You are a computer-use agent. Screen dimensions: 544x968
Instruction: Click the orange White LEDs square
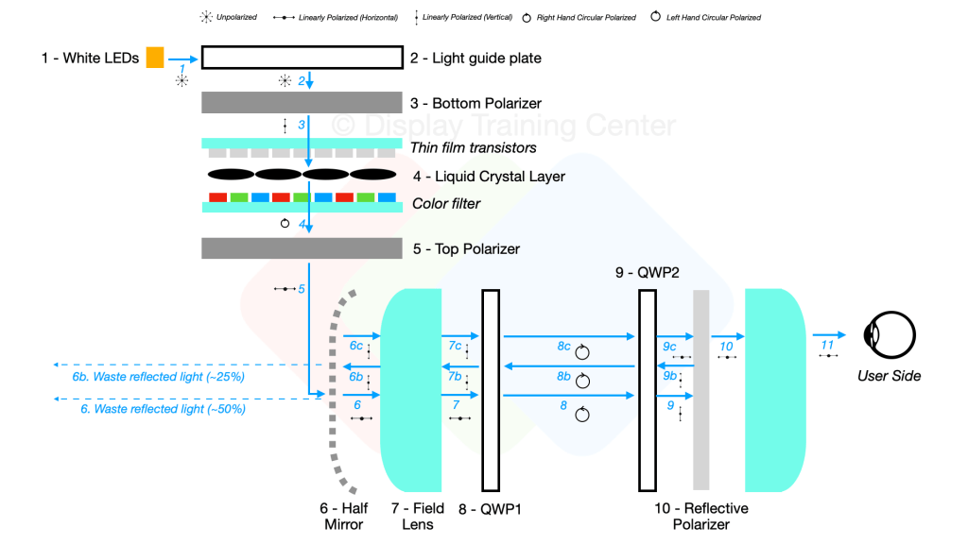click(x=155, y=58)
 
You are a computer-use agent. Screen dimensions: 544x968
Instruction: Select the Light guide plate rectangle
click(x=302, y=58)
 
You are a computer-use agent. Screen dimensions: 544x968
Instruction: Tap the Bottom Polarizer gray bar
click(x=302, y=103)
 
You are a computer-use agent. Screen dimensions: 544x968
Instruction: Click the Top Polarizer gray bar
click(x=302, y=248)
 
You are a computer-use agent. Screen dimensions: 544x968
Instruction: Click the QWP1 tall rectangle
click(x=490, y=390)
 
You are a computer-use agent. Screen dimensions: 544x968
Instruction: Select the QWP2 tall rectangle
click(x=647, y=390)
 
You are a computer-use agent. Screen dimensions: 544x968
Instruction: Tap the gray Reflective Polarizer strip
click(x=700, y=390)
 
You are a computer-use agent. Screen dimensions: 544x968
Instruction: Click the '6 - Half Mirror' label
click(x=343, y=516)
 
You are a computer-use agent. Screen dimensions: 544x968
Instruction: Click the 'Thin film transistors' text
click(x=474, y=147)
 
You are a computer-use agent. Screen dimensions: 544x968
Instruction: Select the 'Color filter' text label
click(x=446, y=203)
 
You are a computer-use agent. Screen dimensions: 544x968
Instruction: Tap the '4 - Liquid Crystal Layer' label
click(x=489, y=176)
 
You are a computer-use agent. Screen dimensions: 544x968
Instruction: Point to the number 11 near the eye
click(x=828, y=346)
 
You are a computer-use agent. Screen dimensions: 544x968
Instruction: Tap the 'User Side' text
click(x=889, y=376)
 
